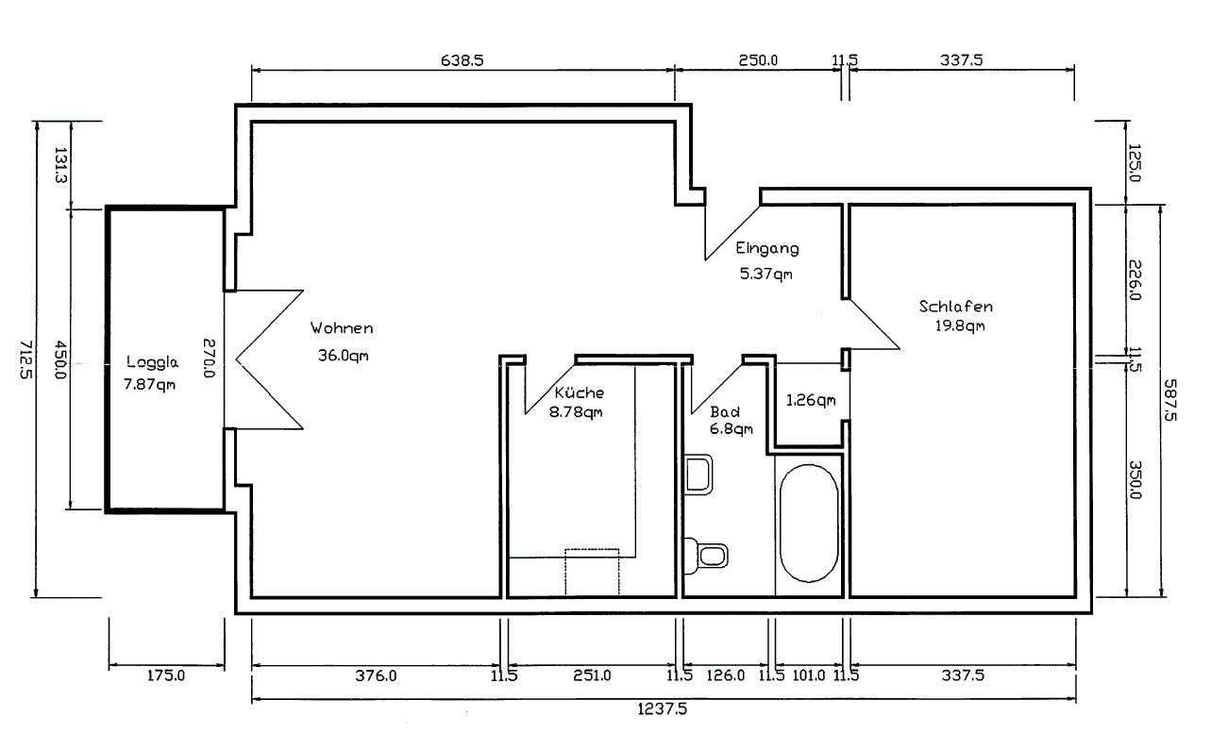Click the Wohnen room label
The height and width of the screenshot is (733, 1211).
coord(342,328)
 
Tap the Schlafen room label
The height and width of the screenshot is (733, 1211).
coord(956,307)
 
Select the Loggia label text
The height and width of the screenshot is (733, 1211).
coord(152,362)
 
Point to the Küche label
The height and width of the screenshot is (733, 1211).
coord(579,392)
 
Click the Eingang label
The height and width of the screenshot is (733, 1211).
coord(767,248)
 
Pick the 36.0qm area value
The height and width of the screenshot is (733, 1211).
coord(344,356)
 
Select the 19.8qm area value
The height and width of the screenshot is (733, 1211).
coord(960,325)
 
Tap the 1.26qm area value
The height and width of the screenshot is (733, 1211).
coord(811,400)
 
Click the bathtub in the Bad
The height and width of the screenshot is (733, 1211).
coord(809,523)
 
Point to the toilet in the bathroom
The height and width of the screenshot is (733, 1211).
coord(706,556)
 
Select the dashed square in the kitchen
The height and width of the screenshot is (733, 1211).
coord(592,573)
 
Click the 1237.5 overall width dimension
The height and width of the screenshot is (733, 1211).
coord(663,708)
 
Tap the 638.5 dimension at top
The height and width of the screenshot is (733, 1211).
coord(463,60)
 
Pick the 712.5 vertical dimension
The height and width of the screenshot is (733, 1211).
coord(26,359)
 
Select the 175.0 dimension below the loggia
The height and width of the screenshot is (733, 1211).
coord(166,675)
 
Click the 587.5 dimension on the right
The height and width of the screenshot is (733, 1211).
coord(1169,400)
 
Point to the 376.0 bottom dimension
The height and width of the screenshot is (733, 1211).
coord(376,675)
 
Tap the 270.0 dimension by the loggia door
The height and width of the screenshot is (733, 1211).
coord(209,358)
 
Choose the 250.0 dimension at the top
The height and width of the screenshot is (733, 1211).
coord(758,60)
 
